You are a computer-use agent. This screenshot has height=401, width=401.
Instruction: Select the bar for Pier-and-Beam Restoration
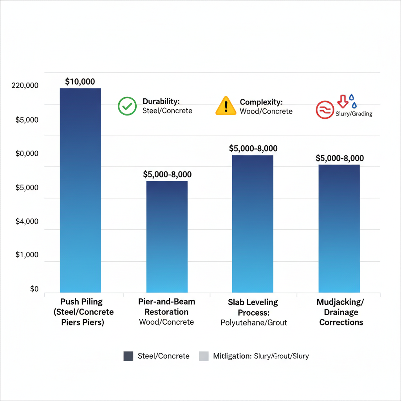(x=167, y=237)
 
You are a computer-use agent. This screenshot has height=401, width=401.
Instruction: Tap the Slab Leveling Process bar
(x=253, y=224)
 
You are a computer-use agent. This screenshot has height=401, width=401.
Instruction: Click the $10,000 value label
(x=80, y=82)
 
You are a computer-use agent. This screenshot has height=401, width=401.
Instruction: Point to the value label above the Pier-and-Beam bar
(x=167, y=175)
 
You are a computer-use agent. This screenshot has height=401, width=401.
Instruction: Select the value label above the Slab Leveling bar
(x=253, y=148)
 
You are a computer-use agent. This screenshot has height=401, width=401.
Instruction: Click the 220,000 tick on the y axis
(x=25, y=85)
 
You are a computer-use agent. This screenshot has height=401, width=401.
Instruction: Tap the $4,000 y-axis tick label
(x=27, y=222)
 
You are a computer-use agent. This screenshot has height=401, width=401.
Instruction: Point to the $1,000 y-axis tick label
(x=27, y=255)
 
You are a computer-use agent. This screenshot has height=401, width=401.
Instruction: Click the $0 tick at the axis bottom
(x=34, y=289)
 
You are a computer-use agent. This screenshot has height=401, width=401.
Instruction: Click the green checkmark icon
(x=127, y=106)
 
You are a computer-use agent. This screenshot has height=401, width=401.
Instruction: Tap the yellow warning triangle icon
(x=226, y=106)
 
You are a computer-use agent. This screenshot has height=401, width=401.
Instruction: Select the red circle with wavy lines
(x=325, y=110)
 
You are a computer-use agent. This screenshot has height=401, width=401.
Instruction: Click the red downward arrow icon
(x=343, y=101)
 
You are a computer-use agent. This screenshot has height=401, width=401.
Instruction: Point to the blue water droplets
(x=353, y=101)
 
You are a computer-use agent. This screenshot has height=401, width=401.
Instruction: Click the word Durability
(x=161, y=101)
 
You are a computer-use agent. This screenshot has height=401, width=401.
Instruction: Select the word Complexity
(x=261, y=102)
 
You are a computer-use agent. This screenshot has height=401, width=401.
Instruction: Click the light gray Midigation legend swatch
(x=204, y=356)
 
